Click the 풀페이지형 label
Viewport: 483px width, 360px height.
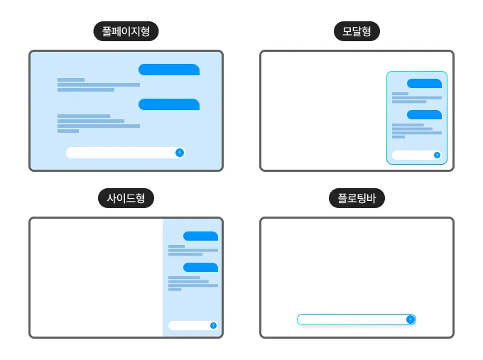click(x=126, y=31)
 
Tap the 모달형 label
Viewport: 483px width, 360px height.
click(x=357, y=31)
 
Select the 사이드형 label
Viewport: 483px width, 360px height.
click(x=126, y=198)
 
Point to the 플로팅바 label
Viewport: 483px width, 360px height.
click(x=357, y=198)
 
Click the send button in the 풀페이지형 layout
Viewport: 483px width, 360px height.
click(x=180, y=153)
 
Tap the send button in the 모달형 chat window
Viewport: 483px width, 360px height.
click(x=437, y=155)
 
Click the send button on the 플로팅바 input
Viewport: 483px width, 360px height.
click(x=411, y=320)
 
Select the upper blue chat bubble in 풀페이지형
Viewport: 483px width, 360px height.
click(x=169, y=70)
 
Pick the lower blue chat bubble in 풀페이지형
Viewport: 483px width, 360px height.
click(x=169, y=104)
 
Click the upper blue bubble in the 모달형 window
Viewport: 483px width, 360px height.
click(x=424, y=84)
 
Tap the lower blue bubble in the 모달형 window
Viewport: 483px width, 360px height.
click(x=424, y=114)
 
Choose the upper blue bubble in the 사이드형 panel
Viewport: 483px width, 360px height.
click(x=200, y=236)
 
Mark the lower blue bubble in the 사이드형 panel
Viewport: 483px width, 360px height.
click(x=200, y=267)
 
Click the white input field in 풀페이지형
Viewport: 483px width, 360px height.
click(x=126, y=153)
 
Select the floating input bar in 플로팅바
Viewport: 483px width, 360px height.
click(x=357, y=320)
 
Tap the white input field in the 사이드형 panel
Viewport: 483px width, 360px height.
click(x=193, y=325)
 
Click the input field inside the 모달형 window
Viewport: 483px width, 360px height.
click(x=416, y=155)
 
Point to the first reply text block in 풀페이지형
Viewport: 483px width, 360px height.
click(x=99, y=84)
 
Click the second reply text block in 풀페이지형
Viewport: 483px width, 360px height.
click(x=99, y=124)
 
